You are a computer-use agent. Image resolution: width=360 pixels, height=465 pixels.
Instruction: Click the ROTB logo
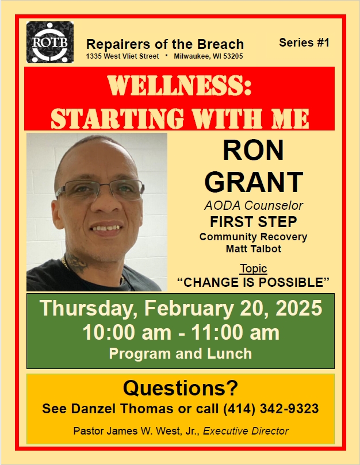tap(50, 42)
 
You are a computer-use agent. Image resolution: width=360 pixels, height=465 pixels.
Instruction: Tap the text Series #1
tap(304, 43)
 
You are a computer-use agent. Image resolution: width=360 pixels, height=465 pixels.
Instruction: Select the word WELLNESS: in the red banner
tap(179, 86)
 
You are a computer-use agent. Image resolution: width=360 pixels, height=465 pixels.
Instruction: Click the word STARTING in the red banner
tap(117, 118)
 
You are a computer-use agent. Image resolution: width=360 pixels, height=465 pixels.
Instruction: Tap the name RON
tap(253, 151)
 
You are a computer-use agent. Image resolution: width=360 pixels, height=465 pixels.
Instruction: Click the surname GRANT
tap(254, 182)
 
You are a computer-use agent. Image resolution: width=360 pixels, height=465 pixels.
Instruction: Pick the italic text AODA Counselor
tap(254, 206)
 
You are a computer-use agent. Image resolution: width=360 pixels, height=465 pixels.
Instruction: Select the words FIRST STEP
tap(254, 221)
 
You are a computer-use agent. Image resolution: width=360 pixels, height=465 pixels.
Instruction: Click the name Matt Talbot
tap(254, 248)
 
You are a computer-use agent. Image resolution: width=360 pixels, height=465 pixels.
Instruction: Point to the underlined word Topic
tap(254, 268)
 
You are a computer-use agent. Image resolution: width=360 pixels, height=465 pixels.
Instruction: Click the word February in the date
tap(189, 309)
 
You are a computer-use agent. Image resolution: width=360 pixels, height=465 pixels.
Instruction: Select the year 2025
tap(299, 308)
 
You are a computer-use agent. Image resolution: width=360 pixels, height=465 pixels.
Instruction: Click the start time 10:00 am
tap(127, 332)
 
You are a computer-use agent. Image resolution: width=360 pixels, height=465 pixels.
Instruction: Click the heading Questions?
tap(181, 388)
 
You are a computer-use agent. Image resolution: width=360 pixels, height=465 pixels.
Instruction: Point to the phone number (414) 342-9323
tap(271, 409)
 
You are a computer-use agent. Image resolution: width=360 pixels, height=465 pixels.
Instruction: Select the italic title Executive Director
tap(246, 431)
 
